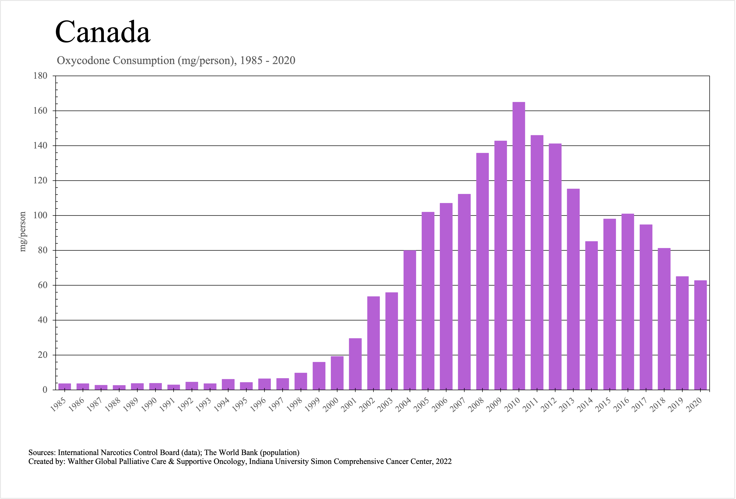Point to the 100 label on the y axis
coord(40,215)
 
